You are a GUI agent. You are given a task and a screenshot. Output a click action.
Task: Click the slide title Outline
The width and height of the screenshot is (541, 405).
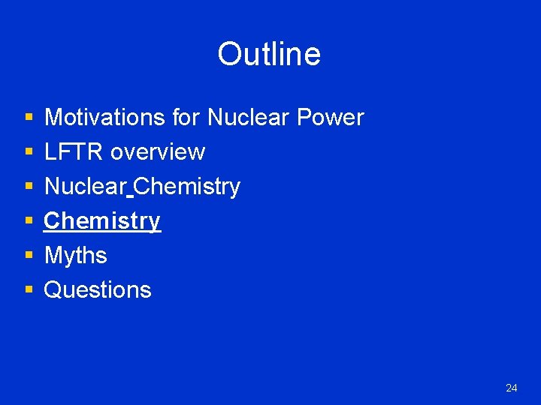pyautogui.click(x=269, y=54)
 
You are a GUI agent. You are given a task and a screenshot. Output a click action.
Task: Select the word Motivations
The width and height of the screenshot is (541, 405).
pyautogui.click(x=105, y=118)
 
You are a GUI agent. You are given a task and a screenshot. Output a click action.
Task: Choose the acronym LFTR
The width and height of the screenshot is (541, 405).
pyautogui.click(x=74, y=152)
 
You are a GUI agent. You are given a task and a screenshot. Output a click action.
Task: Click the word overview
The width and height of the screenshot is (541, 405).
pyautogui.click(x=158, y=152)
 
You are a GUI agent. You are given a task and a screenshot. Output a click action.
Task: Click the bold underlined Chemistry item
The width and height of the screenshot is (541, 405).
pyautogui.click(x=102, y=221)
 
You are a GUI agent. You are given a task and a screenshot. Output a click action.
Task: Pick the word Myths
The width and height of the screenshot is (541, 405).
pyautogui.click(x=76, y=256)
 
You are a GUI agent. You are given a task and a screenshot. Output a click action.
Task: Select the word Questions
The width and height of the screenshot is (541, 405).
pyautogui.click(x=98, y=290)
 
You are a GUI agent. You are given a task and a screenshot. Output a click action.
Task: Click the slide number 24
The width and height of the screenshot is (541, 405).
pyautogui.click(x=512, y=388)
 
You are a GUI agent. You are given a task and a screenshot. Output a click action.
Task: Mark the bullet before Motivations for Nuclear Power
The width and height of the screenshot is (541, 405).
pyautogui.click(x=29, y=118)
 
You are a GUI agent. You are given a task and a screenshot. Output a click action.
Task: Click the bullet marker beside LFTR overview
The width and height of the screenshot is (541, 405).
pyautogui.click(x=29, y=153)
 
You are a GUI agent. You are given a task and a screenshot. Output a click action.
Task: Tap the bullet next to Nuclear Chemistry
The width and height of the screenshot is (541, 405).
pyautogui.click(x=29, y=187)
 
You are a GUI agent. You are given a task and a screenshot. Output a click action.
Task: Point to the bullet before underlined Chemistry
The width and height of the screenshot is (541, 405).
pyautogui.click(x=29, y=222)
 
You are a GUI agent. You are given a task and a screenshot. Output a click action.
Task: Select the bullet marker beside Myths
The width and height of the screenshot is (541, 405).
pyautogui.click(x=29, y=256)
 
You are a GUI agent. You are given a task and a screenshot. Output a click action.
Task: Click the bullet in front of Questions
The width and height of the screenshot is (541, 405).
pyautogui.click(x=29, y=291)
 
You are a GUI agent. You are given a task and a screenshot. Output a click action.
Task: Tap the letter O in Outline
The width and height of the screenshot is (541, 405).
pyautogui.click(x=229, y=54)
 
